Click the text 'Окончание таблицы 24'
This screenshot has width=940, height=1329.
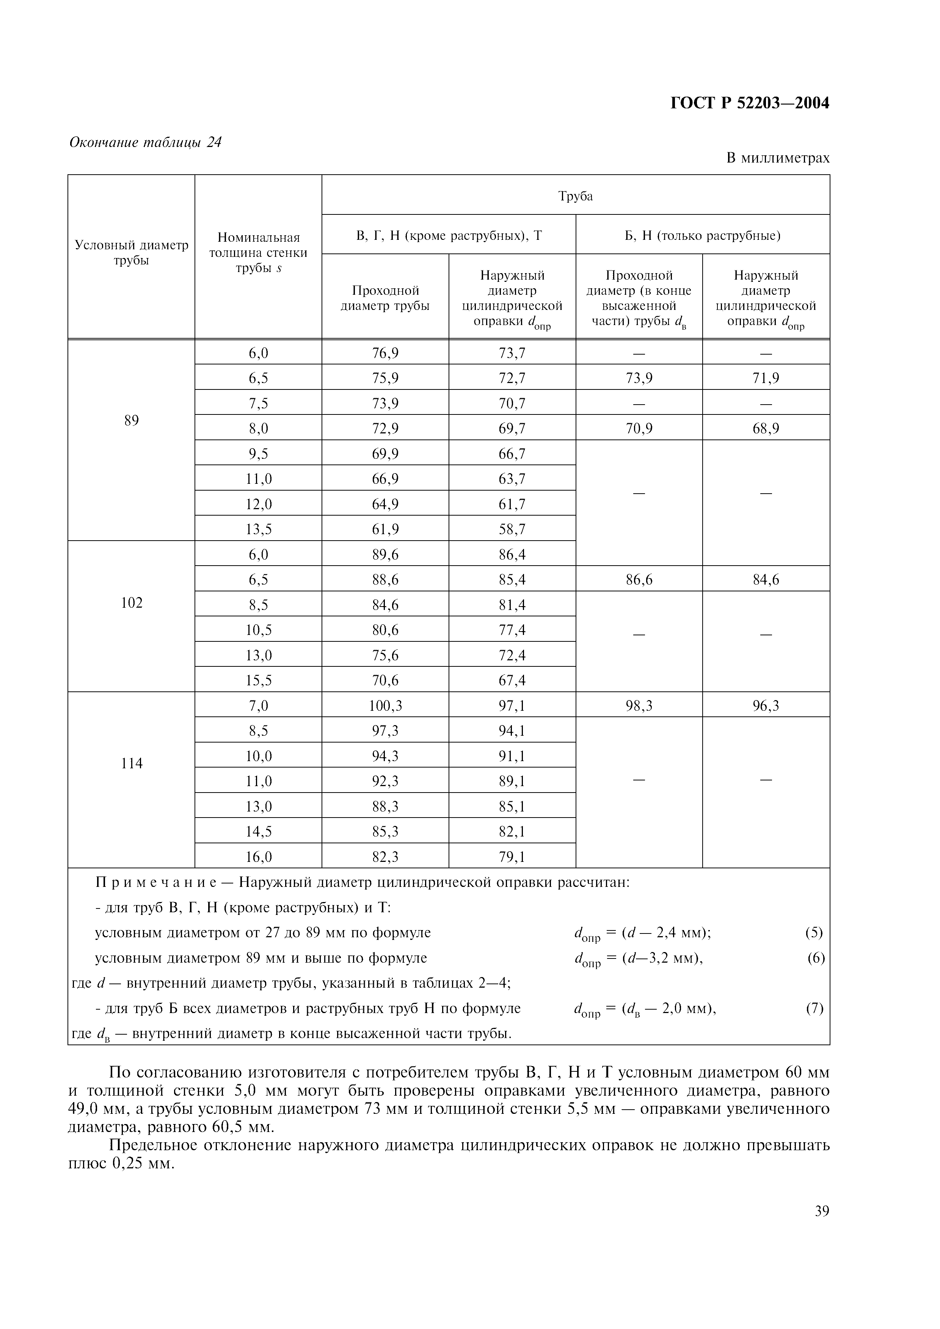click(x=145, y=142)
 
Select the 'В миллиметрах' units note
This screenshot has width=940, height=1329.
click(x=777, y=158)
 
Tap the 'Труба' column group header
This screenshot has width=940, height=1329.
click(x=575, y=196)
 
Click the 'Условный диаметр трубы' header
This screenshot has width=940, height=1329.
click(x=132, y=253)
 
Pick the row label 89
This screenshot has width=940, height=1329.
click(x=132, y=420)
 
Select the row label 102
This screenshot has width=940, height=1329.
click(x=132, y=603)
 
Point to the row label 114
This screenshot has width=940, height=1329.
click(x=132, y=763)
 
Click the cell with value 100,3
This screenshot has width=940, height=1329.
click(x=385, y=705)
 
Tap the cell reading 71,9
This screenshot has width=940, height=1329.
click(x=766, y=378)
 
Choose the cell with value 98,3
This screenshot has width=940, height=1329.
click(x=639, y=705)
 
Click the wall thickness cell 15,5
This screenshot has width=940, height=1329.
click(x=258, y=680)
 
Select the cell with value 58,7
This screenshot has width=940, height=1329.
click(x=512, y=529)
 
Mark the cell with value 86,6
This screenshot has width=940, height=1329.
click(x=639, y=579)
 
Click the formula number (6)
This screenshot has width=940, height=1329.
click(x=816, y=958)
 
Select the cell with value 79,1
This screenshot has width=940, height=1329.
click(x=512, y=857)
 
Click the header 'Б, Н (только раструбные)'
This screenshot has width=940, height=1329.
click(x=703, y=236)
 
